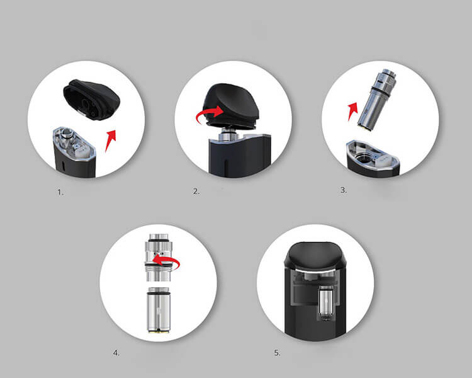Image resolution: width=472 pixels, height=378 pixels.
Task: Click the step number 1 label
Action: [60, 192]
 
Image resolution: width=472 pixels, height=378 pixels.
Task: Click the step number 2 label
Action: [196, 192]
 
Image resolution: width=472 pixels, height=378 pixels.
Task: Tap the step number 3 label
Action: [344, 190]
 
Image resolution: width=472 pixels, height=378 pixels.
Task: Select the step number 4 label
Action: [116, 353]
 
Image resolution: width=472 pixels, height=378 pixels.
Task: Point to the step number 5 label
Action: [278, 353]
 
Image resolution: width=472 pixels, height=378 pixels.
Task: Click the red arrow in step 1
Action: [111, 140]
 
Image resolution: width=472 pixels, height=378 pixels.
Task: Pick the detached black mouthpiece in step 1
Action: [91, 100]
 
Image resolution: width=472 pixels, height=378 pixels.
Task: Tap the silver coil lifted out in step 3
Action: [376, 99]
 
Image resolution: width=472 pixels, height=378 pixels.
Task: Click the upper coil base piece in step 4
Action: [159, 258]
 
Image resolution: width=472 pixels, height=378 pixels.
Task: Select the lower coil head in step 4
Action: [159, 310]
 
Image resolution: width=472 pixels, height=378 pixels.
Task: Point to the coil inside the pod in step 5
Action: [327, 303]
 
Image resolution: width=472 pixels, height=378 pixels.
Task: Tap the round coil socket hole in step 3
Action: [364, 157]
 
